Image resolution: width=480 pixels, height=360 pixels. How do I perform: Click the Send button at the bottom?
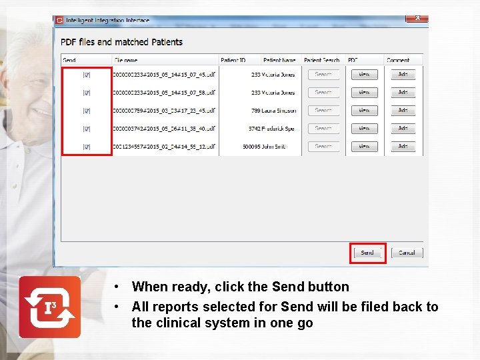[x=367, y=253]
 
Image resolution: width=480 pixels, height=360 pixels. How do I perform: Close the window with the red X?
[x=417, y=18]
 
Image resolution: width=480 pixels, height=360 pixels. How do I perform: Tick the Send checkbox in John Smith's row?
[x=87, y=146]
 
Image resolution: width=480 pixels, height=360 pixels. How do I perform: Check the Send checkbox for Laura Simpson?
[x=87, y=110]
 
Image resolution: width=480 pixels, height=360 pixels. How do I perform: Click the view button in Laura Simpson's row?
[x=364, y=110]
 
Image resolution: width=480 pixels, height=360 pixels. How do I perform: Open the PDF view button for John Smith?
[x=364, y=146]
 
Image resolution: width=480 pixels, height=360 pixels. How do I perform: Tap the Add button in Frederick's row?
[x=403, y=128]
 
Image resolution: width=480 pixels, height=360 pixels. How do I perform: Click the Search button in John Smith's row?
[x=323, y=146]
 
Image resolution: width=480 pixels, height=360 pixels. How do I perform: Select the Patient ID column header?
[x=234, y=60]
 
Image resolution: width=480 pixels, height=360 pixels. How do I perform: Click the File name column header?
[x=127, y=60]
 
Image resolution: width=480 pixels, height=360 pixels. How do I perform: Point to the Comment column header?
[x=398, y=60]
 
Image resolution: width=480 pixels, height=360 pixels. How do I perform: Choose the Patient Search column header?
[x=321, y=60]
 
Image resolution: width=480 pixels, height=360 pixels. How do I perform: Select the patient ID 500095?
[x=251, y=147]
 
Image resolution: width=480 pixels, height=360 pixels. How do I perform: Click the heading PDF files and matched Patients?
[x=121, y=42]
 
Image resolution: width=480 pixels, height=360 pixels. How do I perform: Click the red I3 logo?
[x=49, y=307]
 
